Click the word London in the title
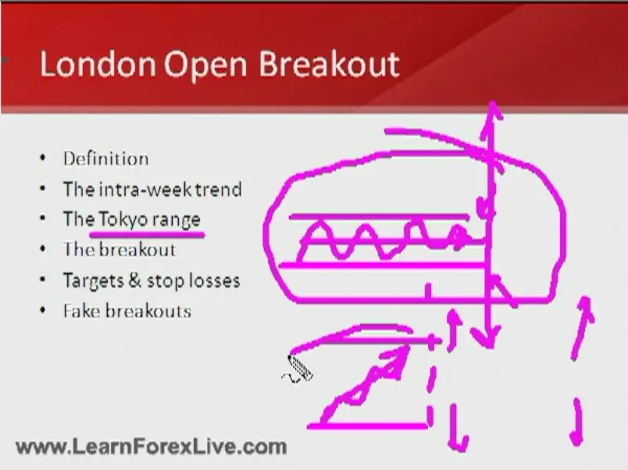pyautogui.click(x=98, y=64)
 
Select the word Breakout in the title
pyautogui.click(x=329, y=64)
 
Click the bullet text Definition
pyautogui.click(x=105, y=158)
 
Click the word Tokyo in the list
pyautogui.click(x=123, y=220)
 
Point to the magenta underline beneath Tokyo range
pyautogui.click(x=147, y=233)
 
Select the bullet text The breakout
pyautogui.click(x=120, y=249)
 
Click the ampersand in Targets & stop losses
pyautogui.click(x=135, y=280)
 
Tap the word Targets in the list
pyautogui.click(x=94, y=281)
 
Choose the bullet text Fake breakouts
pyautogui.click(x=127, y=311)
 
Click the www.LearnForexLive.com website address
pyautogui.click(x=152, y=447)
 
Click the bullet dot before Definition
pyautogui.click(x=43, y=158)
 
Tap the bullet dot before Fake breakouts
pyautogui.click(x=43, y=310)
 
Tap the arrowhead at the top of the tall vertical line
pyautogui.click(x=492, y=110)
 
